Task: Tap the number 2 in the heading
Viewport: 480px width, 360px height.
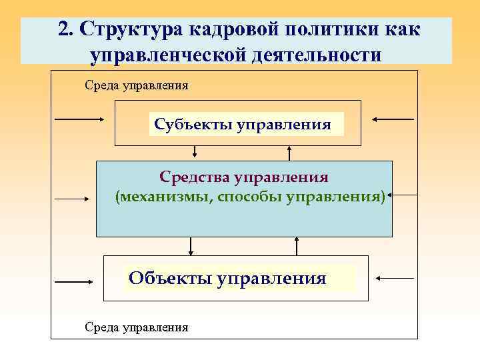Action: pos(65,30)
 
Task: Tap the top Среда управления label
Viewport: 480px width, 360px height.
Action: pos(136,85)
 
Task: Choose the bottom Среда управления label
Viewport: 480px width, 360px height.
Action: pos(136,327)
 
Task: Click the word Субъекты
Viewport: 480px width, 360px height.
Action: pos(192,125)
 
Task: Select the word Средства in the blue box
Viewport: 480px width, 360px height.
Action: pos(193,177)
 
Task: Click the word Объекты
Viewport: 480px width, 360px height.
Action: pos(170,278)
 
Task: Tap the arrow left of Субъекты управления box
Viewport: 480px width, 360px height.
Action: pos(79,119)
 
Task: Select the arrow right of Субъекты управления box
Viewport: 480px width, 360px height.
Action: pos(393,119)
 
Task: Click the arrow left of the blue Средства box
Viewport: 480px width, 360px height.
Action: pos(73,198)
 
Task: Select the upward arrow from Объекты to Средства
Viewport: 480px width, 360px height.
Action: pos(296,247)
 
